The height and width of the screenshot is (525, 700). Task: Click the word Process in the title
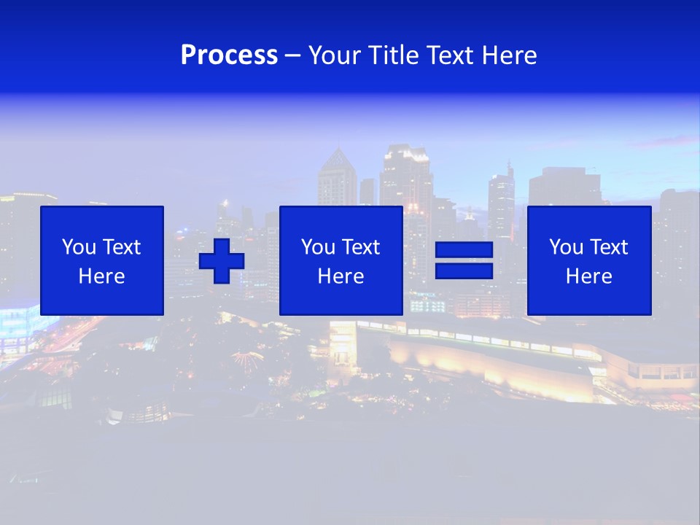coord(229,55)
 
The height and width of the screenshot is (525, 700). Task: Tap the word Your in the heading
coord(336,55)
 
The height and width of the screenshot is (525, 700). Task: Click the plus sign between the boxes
coord(222,261)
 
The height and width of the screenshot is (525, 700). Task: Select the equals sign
coord(464,260)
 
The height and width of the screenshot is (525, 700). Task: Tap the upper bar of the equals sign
coord(464,250)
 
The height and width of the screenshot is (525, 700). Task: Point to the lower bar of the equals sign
coord(464,271)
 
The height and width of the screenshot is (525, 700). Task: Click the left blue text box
coord(101,260)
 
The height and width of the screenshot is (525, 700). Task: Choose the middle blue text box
coord(341,260)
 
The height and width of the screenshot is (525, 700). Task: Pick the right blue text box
coord(588,260)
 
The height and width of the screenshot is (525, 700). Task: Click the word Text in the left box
coord(122,247)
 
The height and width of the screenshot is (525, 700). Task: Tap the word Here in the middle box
coord(341,276)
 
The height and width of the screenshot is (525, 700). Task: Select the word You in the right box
coord(565,247)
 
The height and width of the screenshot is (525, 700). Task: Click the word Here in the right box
coord(588,276)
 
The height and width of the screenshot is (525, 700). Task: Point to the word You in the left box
coord(78,247)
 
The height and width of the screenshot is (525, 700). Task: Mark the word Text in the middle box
coord(361,247)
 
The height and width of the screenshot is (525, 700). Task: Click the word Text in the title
coord(450,55)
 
